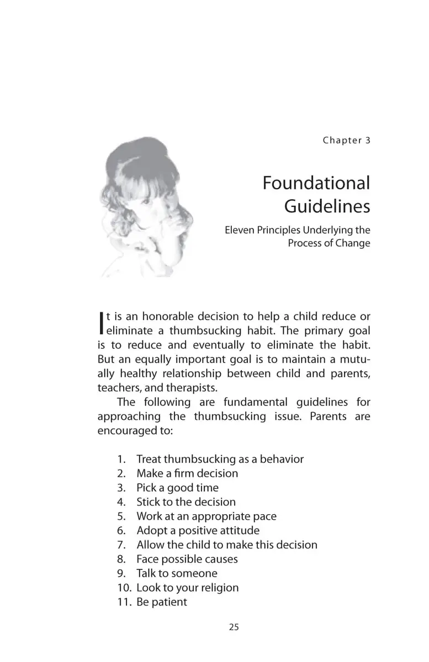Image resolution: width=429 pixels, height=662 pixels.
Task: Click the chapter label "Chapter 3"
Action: click(x=346, y=140)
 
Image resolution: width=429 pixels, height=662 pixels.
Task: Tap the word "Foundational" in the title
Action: click(x=316, y=183)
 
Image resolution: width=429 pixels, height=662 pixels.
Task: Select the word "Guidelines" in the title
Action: click(x=327, y=206)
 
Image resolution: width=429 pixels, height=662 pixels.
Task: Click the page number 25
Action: click(x=234, y=627)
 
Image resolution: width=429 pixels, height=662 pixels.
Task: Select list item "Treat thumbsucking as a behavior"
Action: click(x=220, y=459)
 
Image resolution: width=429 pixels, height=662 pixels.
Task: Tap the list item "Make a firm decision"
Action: click(x=187, y=473)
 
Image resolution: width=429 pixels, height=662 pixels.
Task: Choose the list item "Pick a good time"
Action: click(x=177, y=488)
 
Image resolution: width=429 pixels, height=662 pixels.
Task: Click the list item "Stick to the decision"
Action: click(x=186, y=502)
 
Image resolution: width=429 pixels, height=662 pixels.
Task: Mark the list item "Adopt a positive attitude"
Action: click(x=198, y=531)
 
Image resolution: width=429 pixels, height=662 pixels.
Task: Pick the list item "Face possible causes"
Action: click(x=187, y=559)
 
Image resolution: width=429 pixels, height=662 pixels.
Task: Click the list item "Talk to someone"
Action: click(x=177, y=574)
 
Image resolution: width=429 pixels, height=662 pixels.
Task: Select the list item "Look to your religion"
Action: click(x=188, y=588)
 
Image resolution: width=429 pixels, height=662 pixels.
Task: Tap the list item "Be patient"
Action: click(x=162, y=602)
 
